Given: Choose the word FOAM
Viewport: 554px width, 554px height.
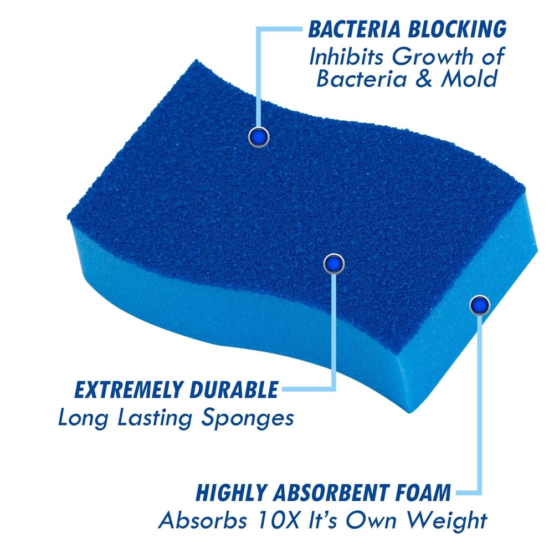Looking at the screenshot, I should tap(421, 493).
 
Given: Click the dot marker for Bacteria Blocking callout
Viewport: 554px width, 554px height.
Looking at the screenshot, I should tap(258, 136).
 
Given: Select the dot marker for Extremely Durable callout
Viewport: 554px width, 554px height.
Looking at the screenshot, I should tap(334, 264).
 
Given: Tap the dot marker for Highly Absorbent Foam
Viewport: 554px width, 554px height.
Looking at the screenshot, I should tap(480, 305).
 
